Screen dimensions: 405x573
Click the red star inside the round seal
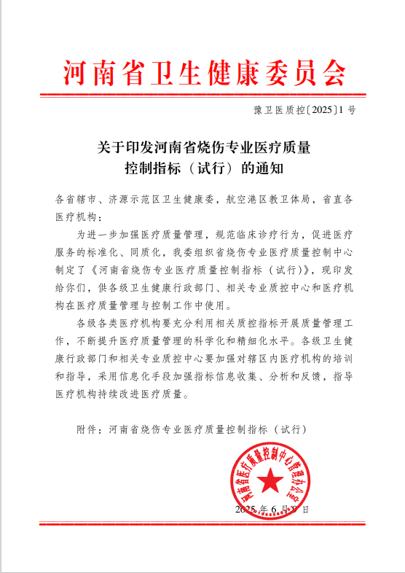(x=272, y=481)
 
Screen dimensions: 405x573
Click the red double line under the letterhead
(x=202, y=95)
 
